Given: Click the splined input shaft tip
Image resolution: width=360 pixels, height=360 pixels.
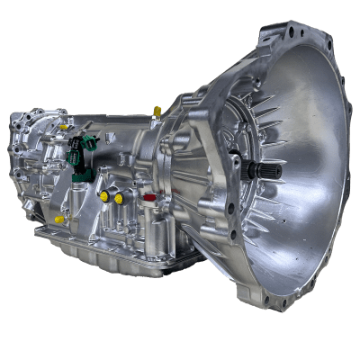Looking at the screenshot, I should [271, 169].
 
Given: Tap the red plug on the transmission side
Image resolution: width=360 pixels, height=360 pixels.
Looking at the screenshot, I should [149, 195].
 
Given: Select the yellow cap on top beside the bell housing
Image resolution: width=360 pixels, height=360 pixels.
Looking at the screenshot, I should [158, 112].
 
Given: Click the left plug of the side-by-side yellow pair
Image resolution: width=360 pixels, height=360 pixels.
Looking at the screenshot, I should [104, 196].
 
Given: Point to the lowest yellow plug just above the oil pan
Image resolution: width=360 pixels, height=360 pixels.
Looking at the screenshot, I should [59, 219].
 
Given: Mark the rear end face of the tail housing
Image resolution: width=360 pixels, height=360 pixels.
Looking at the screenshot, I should [27, 157].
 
